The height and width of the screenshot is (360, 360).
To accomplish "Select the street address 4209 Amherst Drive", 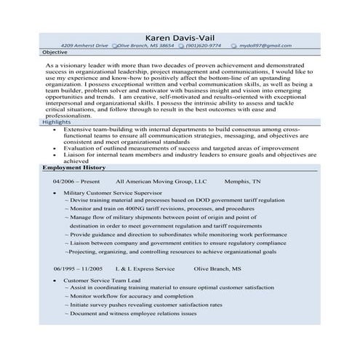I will [x=84, y=46].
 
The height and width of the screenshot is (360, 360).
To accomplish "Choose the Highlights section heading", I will [x=57, y=123].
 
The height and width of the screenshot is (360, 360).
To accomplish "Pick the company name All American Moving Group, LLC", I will [x=161, y=181].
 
